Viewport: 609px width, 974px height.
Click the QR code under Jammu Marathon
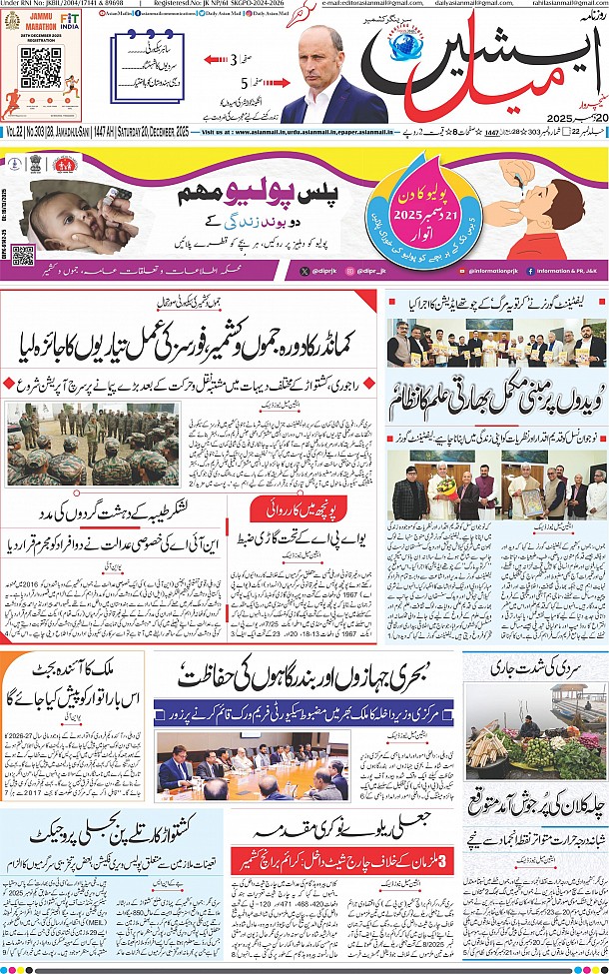click(41, 67)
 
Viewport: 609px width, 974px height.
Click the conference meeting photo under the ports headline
click(254, 764)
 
